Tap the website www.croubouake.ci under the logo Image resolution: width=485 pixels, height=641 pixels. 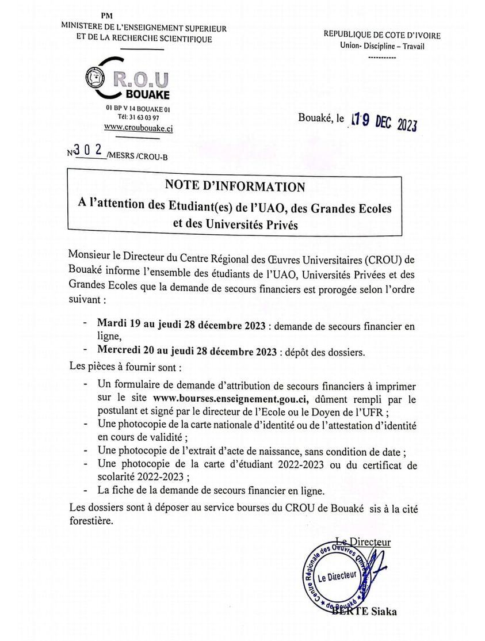coord(138,129)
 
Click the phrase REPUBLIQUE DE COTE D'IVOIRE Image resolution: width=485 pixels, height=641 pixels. coord(382,36)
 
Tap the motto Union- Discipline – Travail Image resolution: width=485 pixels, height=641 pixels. coord(381,46)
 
